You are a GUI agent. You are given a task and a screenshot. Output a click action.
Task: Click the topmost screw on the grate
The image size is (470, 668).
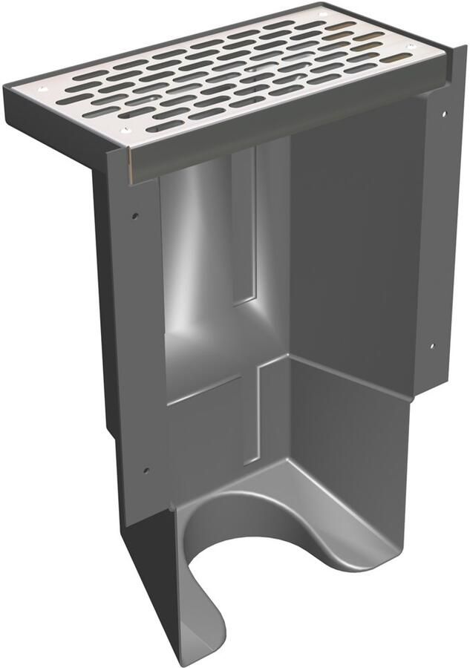(x=320, y=13)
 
